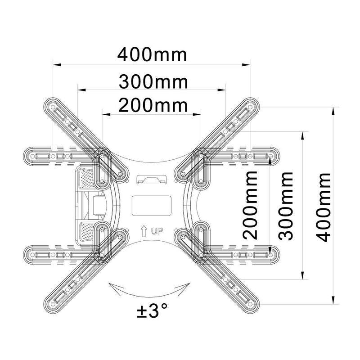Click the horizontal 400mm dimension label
152,55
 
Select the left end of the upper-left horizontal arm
29,156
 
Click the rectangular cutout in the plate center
152,205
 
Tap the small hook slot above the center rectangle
152,179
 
